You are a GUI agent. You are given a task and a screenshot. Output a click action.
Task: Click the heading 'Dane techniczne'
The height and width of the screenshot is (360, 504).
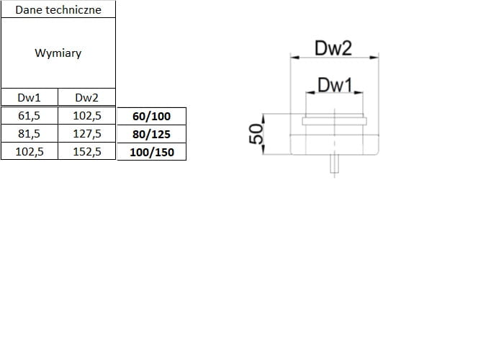pos(58,9)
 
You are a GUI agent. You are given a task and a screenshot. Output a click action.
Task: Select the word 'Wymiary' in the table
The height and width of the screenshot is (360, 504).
pos(58,54)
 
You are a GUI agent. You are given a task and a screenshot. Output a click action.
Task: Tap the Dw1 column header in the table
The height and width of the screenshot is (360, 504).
pos(29,98)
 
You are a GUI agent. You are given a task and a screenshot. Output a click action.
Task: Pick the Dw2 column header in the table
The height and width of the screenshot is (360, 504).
pos(86,98)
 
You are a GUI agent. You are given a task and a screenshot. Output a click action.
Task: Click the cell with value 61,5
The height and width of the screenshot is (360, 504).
pos(29,115)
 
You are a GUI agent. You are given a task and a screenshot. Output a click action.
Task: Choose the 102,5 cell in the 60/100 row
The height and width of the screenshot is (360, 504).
pos(86,115)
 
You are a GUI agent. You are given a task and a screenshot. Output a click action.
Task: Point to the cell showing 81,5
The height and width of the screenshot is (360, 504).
pos(29,133)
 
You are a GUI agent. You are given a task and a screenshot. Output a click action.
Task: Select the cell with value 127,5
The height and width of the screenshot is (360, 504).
pos(86,133)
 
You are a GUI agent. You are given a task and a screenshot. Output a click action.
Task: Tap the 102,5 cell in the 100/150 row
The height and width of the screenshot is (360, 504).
pos(29,151)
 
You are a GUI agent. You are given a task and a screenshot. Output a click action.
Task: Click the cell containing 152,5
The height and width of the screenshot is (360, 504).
pos(86,151)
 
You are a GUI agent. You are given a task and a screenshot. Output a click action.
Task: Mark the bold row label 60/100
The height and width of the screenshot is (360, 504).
pos(151,116)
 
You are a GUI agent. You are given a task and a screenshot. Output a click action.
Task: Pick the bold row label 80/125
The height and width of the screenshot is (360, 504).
pos(151,134)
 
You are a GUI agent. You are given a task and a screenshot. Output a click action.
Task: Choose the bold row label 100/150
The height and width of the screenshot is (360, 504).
pos(151,152)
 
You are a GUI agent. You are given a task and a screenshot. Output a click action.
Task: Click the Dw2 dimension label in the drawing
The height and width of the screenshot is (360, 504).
pos(333,48)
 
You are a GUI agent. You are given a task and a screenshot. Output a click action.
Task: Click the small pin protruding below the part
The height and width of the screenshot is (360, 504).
pos(334,163)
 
